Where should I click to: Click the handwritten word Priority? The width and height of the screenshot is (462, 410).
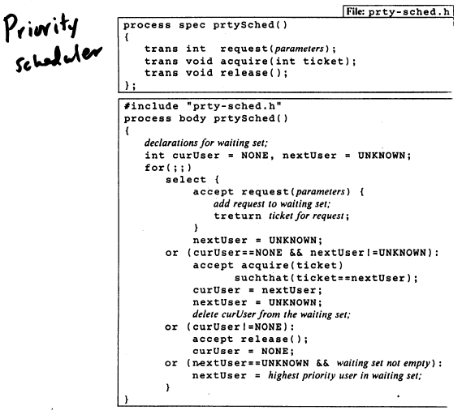(x=41, y=27)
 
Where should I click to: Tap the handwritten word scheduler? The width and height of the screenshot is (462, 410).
(x=58, y=60)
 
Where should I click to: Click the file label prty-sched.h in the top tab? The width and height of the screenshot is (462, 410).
(x=409, y=12)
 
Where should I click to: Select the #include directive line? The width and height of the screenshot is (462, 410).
(x=203, y=106)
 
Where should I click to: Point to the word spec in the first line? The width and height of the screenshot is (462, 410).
(x=192, y=25)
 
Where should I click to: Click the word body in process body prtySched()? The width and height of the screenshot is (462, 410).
(x=192, y=118)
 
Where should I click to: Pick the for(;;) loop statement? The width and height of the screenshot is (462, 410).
(x=168, y=168)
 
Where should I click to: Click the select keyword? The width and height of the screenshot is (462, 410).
(x=186, y=179)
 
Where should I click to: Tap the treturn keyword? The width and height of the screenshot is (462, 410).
(x=237, y=216)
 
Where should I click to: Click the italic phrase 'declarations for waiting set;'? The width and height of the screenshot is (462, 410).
(x=206, y=143)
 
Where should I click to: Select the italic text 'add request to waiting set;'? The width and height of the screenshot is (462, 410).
(x=272, y=204)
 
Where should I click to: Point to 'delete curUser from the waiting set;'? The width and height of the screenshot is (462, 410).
(x=271, y=314)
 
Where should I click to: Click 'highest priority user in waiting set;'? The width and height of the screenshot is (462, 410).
(x=345, y=376)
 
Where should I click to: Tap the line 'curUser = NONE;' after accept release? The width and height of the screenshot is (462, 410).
(x=244, y=351)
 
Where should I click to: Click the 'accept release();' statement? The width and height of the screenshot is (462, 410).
(x=250, y=340)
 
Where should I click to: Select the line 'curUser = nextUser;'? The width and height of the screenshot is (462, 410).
(x=257, y=290)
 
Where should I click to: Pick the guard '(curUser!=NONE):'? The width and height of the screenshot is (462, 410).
(x=240, y=327)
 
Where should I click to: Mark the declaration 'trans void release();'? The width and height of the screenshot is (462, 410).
(x=216, y=73)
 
